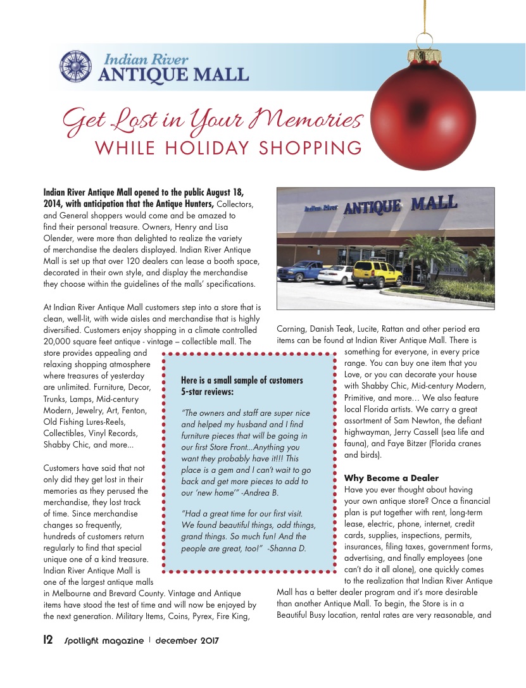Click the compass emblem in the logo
pyautogui.click(x=77, y=66)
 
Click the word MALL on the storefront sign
pyautogui.click(x=434, y=204)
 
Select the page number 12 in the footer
pyautogui.click(x=47, y=640)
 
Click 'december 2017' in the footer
pyautogui.click(x=187, y=641)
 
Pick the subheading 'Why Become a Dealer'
pyautogui.click(x=391, y=477)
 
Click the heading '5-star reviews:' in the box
pyautogui.click(x=207, y=392)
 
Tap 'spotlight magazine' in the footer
pyautogui.click(x=103, y=641)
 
